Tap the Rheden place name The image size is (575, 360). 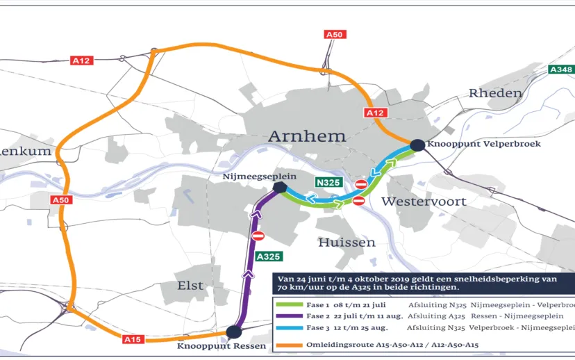point(494,93)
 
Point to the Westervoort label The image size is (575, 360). point(423,202)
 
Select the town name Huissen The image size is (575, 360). point(347,243)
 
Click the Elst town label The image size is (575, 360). point(190,286)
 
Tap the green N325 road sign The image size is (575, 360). point(328,183)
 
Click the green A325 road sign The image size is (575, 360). point(268,256)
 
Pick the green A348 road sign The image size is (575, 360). point(560,69)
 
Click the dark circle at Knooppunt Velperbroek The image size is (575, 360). point(417,145)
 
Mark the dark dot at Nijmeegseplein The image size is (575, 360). point(280,188)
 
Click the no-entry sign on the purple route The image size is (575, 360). point(258,236)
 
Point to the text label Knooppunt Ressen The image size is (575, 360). point(212,345)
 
